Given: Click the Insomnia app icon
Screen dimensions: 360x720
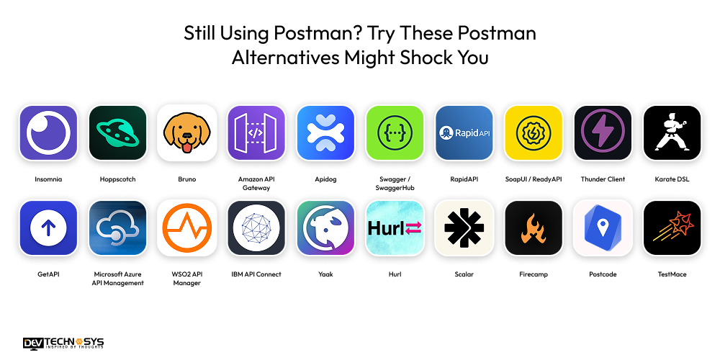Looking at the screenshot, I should [x=48, y=134].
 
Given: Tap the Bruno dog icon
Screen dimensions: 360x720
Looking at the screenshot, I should [x=187, y=134].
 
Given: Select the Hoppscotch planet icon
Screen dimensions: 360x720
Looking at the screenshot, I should [x=117, y=134].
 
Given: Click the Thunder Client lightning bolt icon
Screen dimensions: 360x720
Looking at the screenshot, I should [x=603, y=134].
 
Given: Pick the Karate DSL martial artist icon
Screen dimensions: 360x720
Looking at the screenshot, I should [x=672, y=134].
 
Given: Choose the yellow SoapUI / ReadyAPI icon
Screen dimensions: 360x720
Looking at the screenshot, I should [x=534, y=134].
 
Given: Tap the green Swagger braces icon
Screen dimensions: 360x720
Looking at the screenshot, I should [x=395, y=134].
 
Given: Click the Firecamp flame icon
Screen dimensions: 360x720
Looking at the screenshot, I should [x=534, y=228].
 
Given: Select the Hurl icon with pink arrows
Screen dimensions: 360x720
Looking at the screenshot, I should [x=395, y=228].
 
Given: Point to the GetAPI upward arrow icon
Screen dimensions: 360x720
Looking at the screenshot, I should [x=48, y=228].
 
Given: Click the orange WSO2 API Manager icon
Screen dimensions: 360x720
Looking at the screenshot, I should [x=187, y=228].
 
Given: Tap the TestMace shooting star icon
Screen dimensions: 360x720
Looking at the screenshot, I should [x=672, y=228].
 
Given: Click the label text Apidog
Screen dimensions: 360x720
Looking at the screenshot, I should [x=325, y=179].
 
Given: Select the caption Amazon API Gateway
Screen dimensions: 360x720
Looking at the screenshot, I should [x=256, y=184].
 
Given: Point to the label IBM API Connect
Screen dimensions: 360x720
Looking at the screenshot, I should [x=256, y=274].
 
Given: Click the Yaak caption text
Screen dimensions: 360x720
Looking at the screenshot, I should [x=325, y=274].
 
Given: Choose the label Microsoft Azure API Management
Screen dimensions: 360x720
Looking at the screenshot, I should [x=118, y=279].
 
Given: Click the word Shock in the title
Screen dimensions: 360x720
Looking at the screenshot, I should [x=428, y=58].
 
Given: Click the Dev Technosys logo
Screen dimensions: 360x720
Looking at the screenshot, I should [x=63, y=343].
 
